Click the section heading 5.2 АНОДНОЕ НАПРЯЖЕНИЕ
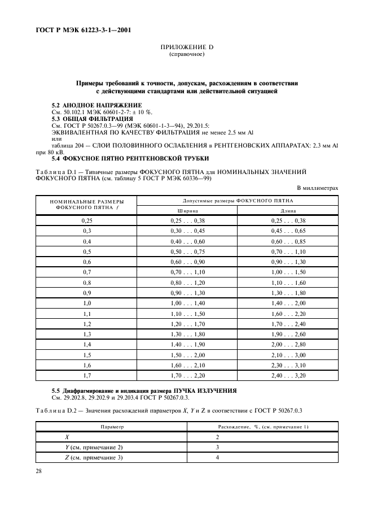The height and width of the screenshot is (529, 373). pos(97,106)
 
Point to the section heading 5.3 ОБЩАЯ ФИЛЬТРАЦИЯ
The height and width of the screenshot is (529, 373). pos(93,118)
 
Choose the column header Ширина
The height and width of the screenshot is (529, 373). pos(187,210)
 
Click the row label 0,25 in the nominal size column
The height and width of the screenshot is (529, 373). pos(87,220)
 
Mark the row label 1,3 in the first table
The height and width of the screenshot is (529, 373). pos(87,334)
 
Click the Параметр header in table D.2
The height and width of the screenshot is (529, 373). pos(112,427)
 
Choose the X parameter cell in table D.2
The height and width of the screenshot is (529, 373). pos(67,437)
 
